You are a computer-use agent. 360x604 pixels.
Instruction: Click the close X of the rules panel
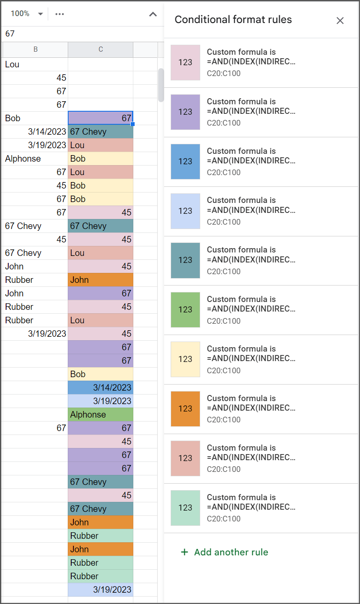coord(340,20)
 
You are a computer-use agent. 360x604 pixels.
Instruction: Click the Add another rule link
coord(224,552)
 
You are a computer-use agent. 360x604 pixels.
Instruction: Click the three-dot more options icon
coord(59,14)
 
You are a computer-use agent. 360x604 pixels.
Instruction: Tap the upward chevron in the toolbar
coord(153,14)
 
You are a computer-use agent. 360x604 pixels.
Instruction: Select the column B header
coord(36,50)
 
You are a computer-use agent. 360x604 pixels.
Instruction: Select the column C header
coord(100,50)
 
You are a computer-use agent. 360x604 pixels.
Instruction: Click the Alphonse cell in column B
coord(23,159)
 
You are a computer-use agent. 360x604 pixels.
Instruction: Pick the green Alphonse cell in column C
coord(100,415)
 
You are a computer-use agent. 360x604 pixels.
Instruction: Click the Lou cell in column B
coord(12,65)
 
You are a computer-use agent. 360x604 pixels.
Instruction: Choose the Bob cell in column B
coord(13,118)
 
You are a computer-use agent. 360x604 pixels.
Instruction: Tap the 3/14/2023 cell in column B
coord(47,132)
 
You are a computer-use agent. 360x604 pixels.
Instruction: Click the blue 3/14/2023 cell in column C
coord(100,388)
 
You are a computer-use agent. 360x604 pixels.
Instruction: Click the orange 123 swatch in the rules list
coord(185,408)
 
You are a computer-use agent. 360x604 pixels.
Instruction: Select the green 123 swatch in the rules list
coord(185,309)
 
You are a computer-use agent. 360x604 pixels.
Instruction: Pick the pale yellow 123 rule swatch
coord(185,359)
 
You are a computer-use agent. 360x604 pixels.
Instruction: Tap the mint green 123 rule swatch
coord(185,508)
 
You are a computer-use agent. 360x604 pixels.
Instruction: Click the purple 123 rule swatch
coord(185,112)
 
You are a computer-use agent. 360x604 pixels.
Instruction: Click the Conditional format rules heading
coord(233,20)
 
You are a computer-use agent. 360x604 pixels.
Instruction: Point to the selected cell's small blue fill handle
coord(133,124)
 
